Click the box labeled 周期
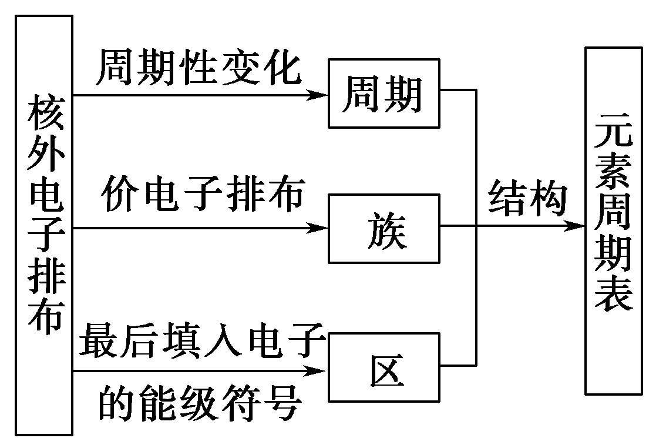click(383, 93)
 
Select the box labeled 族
click(383, 228)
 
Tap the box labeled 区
click(383, 367)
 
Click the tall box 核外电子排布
click(45, 225)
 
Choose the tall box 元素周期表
click(613, 221)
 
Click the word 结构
click(528, 198)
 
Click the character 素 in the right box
click(613, 174)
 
